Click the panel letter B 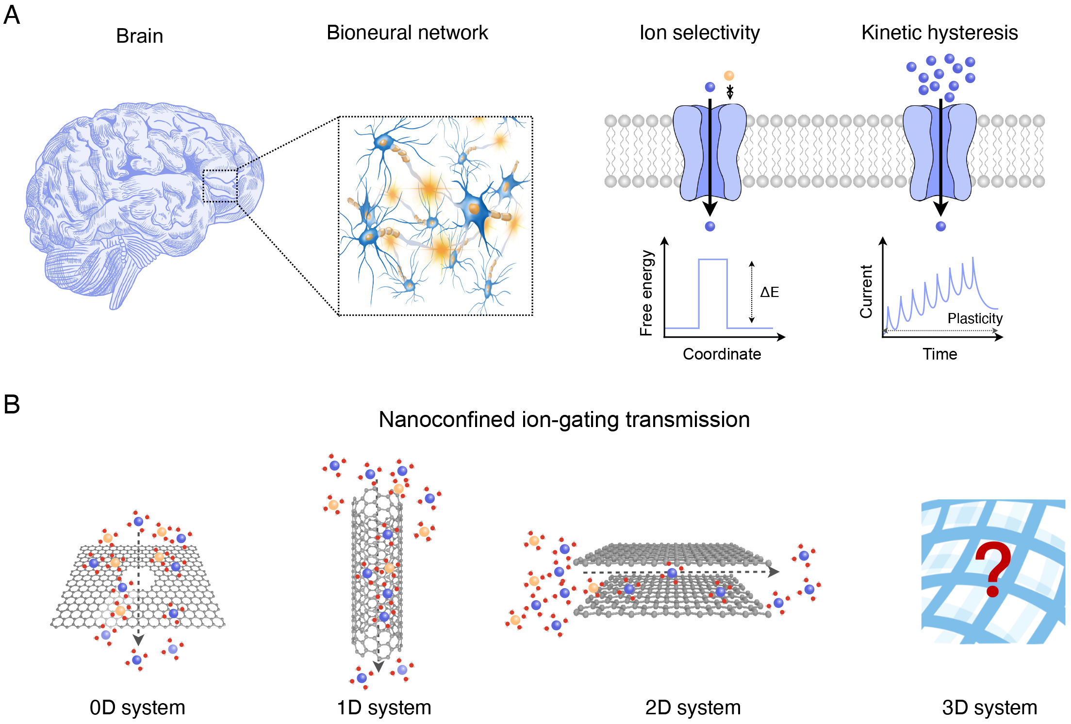pyautogui.click(x=12, y=404)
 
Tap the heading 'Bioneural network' pyautogui.click(x=407, y=33)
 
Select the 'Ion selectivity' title pyautogui.click(x=699, y=33)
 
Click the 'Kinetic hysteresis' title pyautogui.click(x=939, y=33)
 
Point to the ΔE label pyautogui.click(x=769, y=292)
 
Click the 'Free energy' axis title pyautogui.click(x=646, y=293)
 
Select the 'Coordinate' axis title pyautogui.click(x=722, y=354)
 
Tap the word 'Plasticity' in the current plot pyautogui.click(x=974, y=318)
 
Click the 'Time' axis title pyautogui.click(x=939, y=354)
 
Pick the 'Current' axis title pyautogui.click(x=866, y=292)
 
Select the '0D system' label pyautogui.click(x=137, y=708)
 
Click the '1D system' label pyautogui.click(x=384, y=708)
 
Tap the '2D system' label pyautogui.click(x=692, y=708)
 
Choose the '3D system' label pyautogui.click(x=989, y=708)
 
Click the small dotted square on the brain pyautogui.click(x=220, y=186)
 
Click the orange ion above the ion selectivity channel pyautogui.click(x=728, y=76)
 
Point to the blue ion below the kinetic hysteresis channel pyautogui.click(x=940, y=226)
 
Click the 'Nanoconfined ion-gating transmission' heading pyautogui.click(x=564, y=420)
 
